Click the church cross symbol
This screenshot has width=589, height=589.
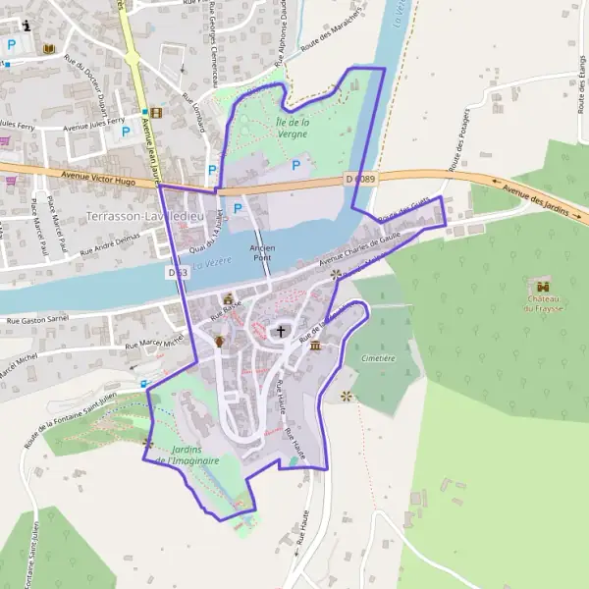282,332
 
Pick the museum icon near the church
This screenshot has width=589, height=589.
315,346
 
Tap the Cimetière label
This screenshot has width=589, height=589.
378,358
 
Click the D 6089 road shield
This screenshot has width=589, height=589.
361,178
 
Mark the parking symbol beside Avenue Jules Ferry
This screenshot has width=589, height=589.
126,131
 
